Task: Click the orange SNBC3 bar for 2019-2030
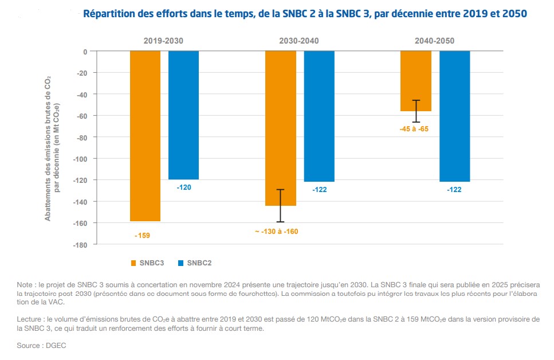[x=145, y=136]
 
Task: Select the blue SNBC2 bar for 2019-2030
[x=183, y=115]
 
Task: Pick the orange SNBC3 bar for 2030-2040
[x=280, y=128]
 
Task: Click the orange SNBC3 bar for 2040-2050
[x=416, y=81]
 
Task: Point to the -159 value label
[x=143, y=235]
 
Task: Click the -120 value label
[x=184, y=188]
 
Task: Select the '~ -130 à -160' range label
[x=277, y=232]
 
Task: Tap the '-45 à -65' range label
[x=414, y=129]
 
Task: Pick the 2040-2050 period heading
[x=434, y=41]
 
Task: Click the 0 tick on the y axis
[x=85, y=52]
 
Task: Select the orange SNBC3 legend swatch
[x=133, y=263]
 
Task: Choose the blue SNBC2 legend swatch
[x=180, y=263]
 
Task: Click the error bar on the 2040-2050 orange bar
[x=416, y=111]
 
